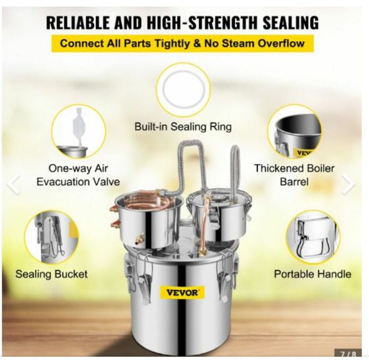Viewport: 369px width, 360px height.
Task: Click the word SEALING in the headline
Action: (x=290, y=22)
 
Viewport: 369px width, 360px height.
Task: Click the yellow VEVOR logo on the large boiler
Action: (x=182, y=293)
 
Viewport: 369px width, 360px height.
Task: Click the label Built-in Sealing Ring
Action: (x=183, y=127)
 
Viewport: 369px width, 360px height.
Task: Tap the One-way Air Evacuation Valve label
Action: (x=78, y=175)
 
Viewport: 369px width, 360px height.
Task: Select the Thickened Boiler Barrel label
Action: (x=294, y=175)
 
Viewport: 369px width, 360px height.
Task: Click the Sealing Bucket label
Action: (x=51, y=274)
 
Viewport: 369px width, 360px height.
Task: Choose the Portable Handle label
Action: (x=313, y=274)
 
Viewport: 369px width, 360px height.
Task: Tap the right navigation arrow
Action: (x=349, y=184)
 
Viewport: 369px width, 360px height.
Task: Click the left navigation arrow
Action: (x=14, y=184)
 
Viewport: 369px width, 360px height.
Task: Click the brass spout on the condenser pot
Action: (x=139, y=238)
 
